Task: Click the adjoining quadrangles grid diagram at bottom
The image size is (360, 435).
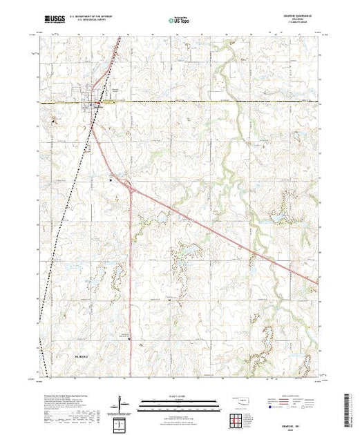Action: tap(236, 419)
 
